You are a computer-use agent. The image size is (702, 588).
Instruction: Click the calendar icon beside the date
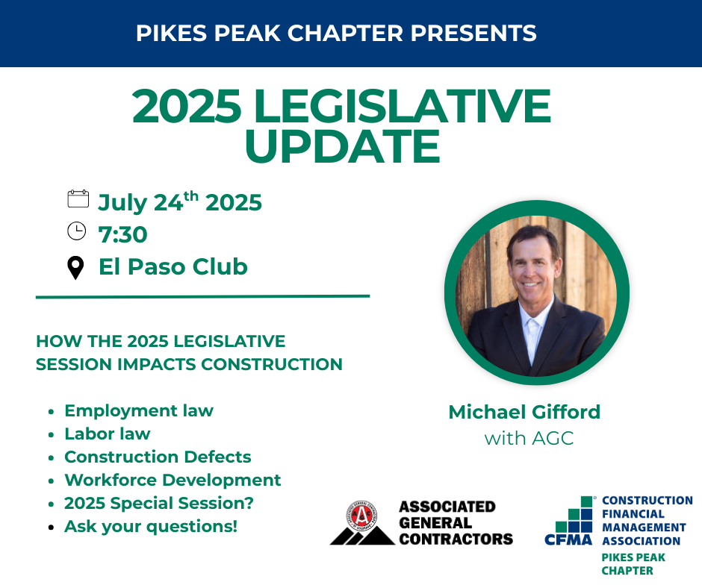pyautogui.click(x=78, y=198)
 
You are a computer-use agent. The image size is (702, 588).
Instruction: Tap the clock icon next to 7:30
pyautogui.click(x=77, y=231)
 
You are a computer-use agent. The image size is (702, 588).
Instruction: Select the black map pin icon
pyautogui.click(x=75, y=268)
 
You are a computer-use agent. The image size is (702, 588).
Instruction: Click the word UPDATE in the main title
pyautogui.click(x=343, y=146)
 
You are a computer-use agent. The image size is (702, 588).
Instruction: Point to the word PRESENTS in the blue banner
pyautogui.click(x=473, y=33)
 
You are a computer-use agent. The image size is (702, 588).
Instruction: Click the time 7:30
pyautogui.click(x=122, y=234)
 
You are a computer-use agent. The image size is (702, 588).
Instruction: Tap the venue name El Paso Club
pyautogui.click(x=173, y=266)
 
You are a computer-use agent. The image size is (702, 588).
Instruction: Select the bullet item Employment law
pyautogui.click(x=139, y=411)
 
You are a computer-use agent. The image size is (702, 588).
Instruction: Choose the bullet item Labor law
pyautogui.click(x=108, y=434)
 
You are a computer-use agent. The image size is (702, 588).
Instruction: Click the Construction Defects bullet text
pyautogui.click(x=158, y=457)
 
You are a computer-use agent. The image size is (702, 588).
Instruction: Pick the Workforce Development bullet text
pyautogui.click(x=173, y=480)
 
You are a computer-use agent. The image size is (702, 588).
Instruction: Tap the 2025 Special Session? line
pyautogui.click(x=159, y=504)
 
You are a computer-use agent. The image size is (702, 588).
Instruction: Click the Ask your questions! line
pyautogui.click(x=151, y=527)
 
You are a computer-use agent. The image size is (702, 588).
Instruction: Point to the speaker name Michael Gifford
pyautogui.click(x=524, y=412)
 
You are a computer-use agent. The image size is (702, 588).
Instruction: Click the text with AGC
pyautogui.click(x=529, y=439)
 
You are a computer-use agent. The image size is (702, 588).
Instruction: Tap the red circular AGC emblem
pyautogui.click(x=361, y=516)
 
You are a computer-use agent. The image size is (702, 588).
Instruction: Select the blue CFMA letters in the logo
pyautogui.click(x=568, y=540)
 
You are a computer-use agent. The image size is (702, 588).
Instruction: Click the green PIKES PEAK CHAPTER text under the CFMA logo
pyautogui.click(x=633, y=564)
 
